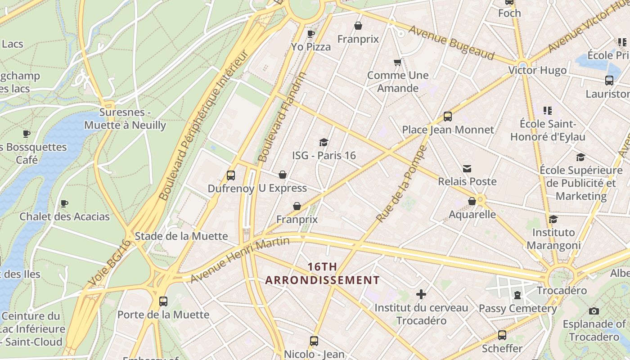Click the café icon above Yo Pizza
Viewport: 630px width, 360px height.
coord(310,34)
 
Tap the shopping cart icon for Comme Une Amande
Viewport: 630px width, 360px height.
coord(397,62)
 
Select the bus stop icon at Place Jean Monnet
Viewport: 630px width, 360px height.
coord(448,117)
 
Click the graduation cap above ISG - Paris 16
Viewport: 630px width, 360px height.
coord(324,143)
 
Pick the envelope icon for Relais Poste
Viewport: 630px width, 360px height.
coord(467,169)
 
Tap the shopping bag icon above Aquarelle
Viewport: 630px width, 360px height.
coord(472,201)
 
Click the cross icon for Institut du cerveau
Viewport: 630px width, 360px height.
coord(421,295)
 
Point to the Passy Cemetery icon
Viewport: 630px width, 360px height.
coord(517,296)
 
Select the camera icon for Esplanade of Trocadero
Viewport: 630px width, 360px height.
coord(594,311)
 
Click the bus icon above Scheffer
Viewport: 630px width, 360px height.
coord(502,335)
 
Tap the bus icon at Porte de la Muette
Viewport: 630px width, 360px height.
coord(163,301)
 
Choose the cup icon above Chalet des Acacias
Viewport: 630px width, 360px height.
coord(64,203)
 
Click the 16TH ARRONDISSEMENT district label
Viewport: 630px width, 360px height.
coord(322,273)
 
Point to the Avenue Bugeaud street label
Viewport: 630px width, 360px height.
coord(452,42)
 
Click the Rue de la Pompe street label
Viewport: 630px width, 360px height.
coord(401,184)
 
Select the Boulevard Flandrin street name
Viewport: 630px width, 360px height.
coord(283,117)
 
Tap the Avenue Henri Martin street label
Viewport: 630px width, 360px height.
coord(239,260)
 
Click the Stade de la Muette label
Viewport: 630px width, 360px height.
coord(181,236)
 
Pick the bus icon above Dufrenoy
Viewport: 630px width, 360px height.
coord(231,175)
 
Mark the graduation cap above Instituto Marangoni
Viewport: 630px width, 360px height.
coord(553,219)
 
